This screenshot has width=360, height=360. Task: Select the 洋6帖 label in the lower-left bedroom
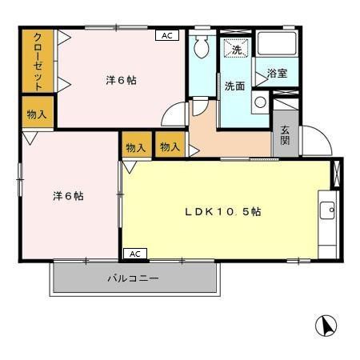click(x=69, y=195)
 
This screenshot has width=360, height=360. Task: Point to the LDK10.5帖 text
click(x=222, y=212)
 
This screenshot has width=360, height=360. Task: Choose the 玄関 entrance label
click(x=285, y=137)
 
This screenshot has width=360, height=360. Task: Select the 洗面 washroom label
click(x=234, y=86)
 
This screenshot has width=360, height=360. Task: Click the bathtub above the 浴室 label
click(x=276, y=45)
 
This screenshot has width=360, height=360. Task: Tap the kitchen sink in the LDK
click(x=327, y=211)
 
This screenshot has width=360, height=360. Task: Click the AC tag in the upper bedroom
click(x=166, y=36)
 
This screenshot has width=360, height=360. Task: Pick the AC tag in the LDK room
click(x=134, y=254)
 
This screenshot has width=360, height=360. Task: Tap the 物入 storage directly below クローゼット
click(x=37, y=114)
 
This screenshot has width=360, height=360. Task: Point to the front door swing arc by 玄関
click(x=315, y=141)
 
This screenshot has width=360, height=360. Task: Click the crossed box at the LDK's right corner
click(x=336, y=174)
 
